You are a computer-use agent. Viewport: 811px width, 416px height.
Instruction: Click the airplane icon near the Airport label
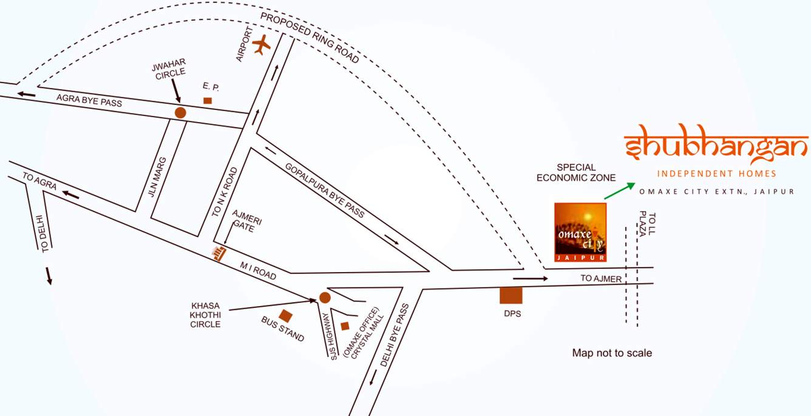[262, 44]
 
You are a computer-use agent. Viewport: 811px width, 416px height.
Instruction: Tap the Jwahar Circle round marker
[180, 112]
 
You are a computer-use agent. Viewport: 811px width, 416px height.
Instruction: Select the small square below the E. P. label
[208, 100]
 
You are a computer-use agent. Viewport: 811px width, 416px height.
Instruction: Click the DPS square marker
[511, 295]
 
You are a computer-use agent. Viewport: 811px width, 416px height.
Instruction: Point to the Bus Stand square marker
[285, 316]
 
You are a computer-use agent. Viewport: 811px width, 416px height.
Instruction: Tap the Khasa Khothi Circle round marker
[325, 298]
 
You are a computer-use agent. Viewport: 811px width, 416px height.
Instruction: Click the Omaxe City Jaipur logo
[580, 232]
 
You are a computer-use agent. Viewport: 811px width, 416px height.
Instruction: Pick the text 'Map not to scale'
[612, 353]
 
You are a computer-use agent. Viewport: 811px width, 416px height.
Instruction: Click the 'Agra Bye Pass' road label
[89, 100]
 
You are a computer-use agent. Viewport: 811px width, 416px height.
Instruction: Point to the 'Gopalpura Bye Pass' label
[325, 190]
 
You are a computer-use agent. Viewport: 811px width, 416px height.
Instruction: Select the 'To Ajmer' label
[601, 279]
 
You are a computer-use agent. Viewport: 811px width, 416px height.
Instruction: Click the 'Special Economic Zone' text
[576, 172]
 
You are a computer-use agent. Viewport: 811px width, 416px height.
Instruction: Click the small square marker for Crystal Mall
[345, 326]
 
